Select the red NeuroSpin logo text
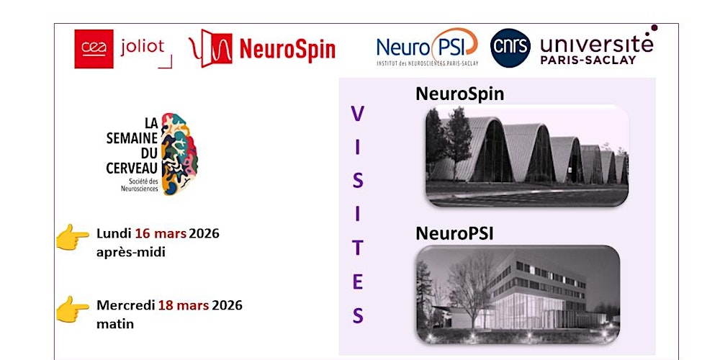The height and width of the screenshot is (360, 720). [x=287, y=50]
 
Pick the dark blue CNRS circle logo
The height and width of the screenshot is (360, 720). [x=510, y=48]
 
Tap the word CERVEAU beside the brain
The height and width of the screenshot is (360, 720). [x=130, y=168]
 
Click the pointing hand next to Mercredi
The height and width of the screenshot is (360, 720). [x=73, y=309]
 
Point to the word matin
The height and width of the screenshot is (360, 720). [x=115, y=323]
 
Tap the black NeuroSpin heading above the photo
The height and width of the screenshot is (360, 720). [x=459, y=94]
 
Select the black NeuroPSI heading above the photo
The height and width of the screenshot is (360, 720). [x=454, y=234]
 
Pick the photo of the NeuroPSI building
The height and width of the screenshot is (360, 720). [x=518, y=294]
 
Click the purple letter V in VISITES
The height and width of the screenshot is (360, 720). [x=357, y=114]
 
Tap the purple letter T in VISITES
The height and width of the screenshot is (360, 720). [x=357, y=248]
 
